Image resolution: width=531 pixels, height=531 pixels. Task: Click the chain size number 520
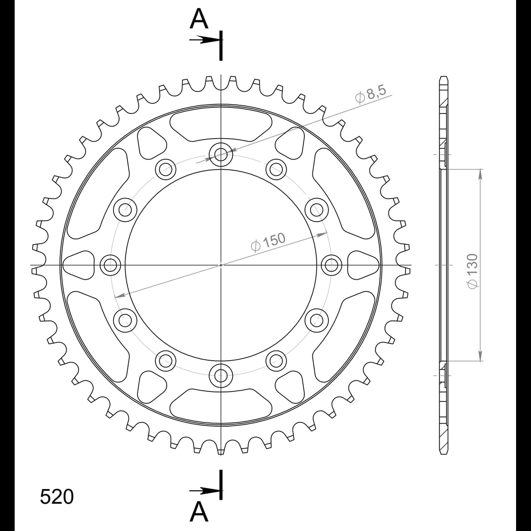pyautogui.click(x=57, y=497)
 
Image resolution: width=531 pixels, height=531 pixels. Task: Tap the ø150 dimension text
pyautogui.click(x=268, y=243)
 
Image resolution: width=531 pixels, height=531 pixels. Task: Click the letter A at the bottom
pyautogui.click(x=199, y=511)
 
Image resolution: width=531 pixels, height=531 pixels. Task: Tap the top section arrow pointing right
pyautogui.click(x=205, y=40)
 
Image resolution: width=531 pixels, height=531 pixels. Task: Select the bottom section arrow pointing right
pyautogui.click(x=205, y=491)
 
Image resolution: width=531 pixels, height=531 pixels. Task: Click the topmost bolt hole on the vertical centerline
pyautogui.click(x=221, y=155)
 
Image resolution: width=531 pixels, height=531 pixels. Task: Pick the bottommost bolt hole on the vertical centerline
pyautogui.click(x=221, y=376)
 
